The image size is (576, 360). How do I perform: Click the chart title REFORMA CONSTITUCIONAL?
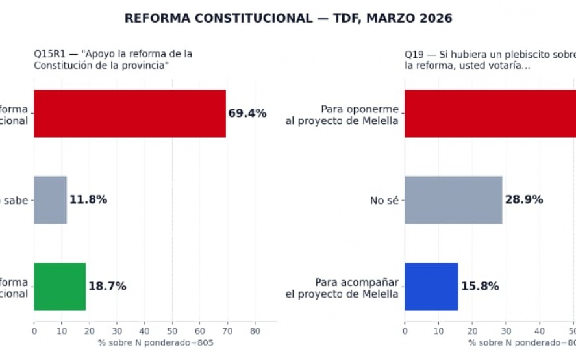288,18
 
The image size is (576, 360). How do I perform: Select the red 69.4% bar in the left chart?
130,114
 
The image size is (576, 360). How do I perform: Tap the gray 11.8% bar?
50,200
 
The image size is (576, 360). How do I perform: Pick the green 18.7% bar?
60,287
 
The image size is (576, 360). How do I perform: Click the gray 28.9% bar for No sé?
453,200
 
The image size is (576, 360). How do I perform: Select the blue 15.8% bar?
431,287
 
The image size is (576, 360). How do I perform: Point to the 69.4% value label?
247,114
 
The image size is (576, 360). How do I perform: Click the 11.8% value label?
88,200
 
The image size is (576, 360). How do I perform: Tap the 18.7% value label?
107,287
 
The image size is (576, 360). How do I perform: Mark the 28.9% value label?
524,200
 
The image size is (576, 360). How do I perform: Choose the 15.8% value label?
480,287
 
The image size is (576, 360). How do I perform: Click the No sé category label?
384,201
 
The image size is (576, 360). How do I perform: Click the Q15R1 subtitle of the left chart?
113,60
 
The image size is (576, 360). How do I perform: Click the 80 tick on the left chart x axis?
255,330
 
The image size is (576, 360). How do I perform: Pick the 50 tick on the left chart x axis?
172,330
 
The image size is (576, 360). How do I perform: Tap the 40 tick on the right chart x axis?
540,330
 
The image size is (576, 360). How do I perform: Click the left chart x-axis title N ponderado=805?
155,342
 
